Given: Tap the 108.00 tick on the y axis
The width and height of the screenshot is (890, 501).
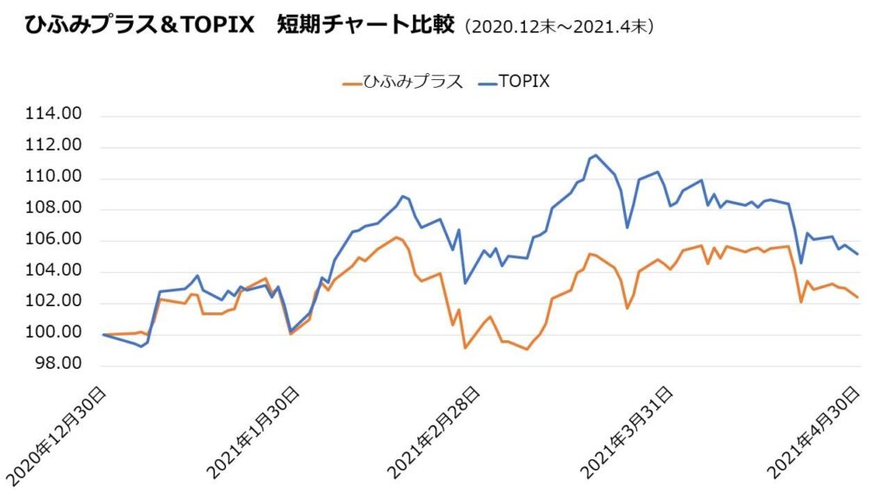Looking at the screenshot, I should [56, 209].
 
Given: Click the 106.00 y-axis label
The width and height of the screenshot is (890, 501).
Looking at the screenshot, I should [56, 240].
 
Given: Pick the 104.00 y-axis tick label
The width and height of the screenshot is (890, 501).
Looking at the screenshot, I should [56, 271].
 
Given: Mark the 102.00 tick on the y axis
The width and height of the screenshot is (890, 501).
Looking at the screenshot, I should [56, 302].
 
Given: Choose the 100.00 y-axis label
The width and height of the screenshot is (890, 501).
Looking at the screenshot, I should [56, 333].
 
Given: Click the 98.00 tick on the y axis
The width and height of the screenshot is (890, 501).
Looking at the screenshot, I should [61, 364].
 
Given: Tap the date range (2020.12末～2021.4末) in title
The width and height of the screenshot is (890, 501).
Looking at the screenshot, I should [560, 27].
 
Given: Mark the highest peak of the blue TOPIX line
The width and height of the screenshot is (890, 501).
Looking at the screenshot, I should [594, 156].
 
